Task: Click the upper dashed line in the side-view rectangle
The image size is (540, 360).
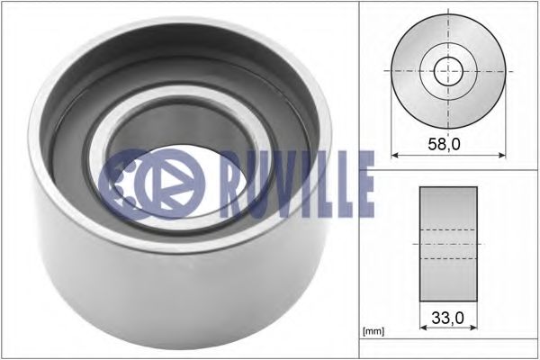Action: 447,229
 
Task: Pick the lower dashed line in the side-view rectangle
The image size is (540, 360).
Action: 447,258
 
